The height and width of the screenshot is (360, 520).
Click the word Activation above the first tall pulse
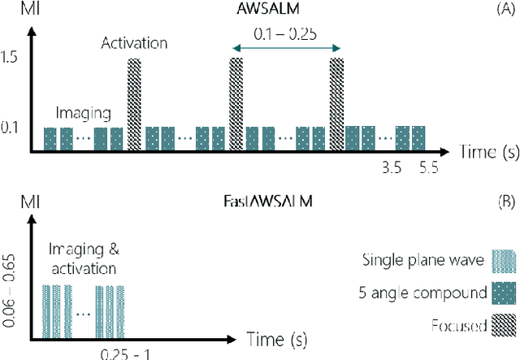point(136,42)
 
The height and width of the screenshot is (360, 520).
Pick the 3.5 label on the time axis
point(392,167)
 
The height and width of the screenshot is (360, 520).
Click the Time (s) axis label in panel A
point(476,151)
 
